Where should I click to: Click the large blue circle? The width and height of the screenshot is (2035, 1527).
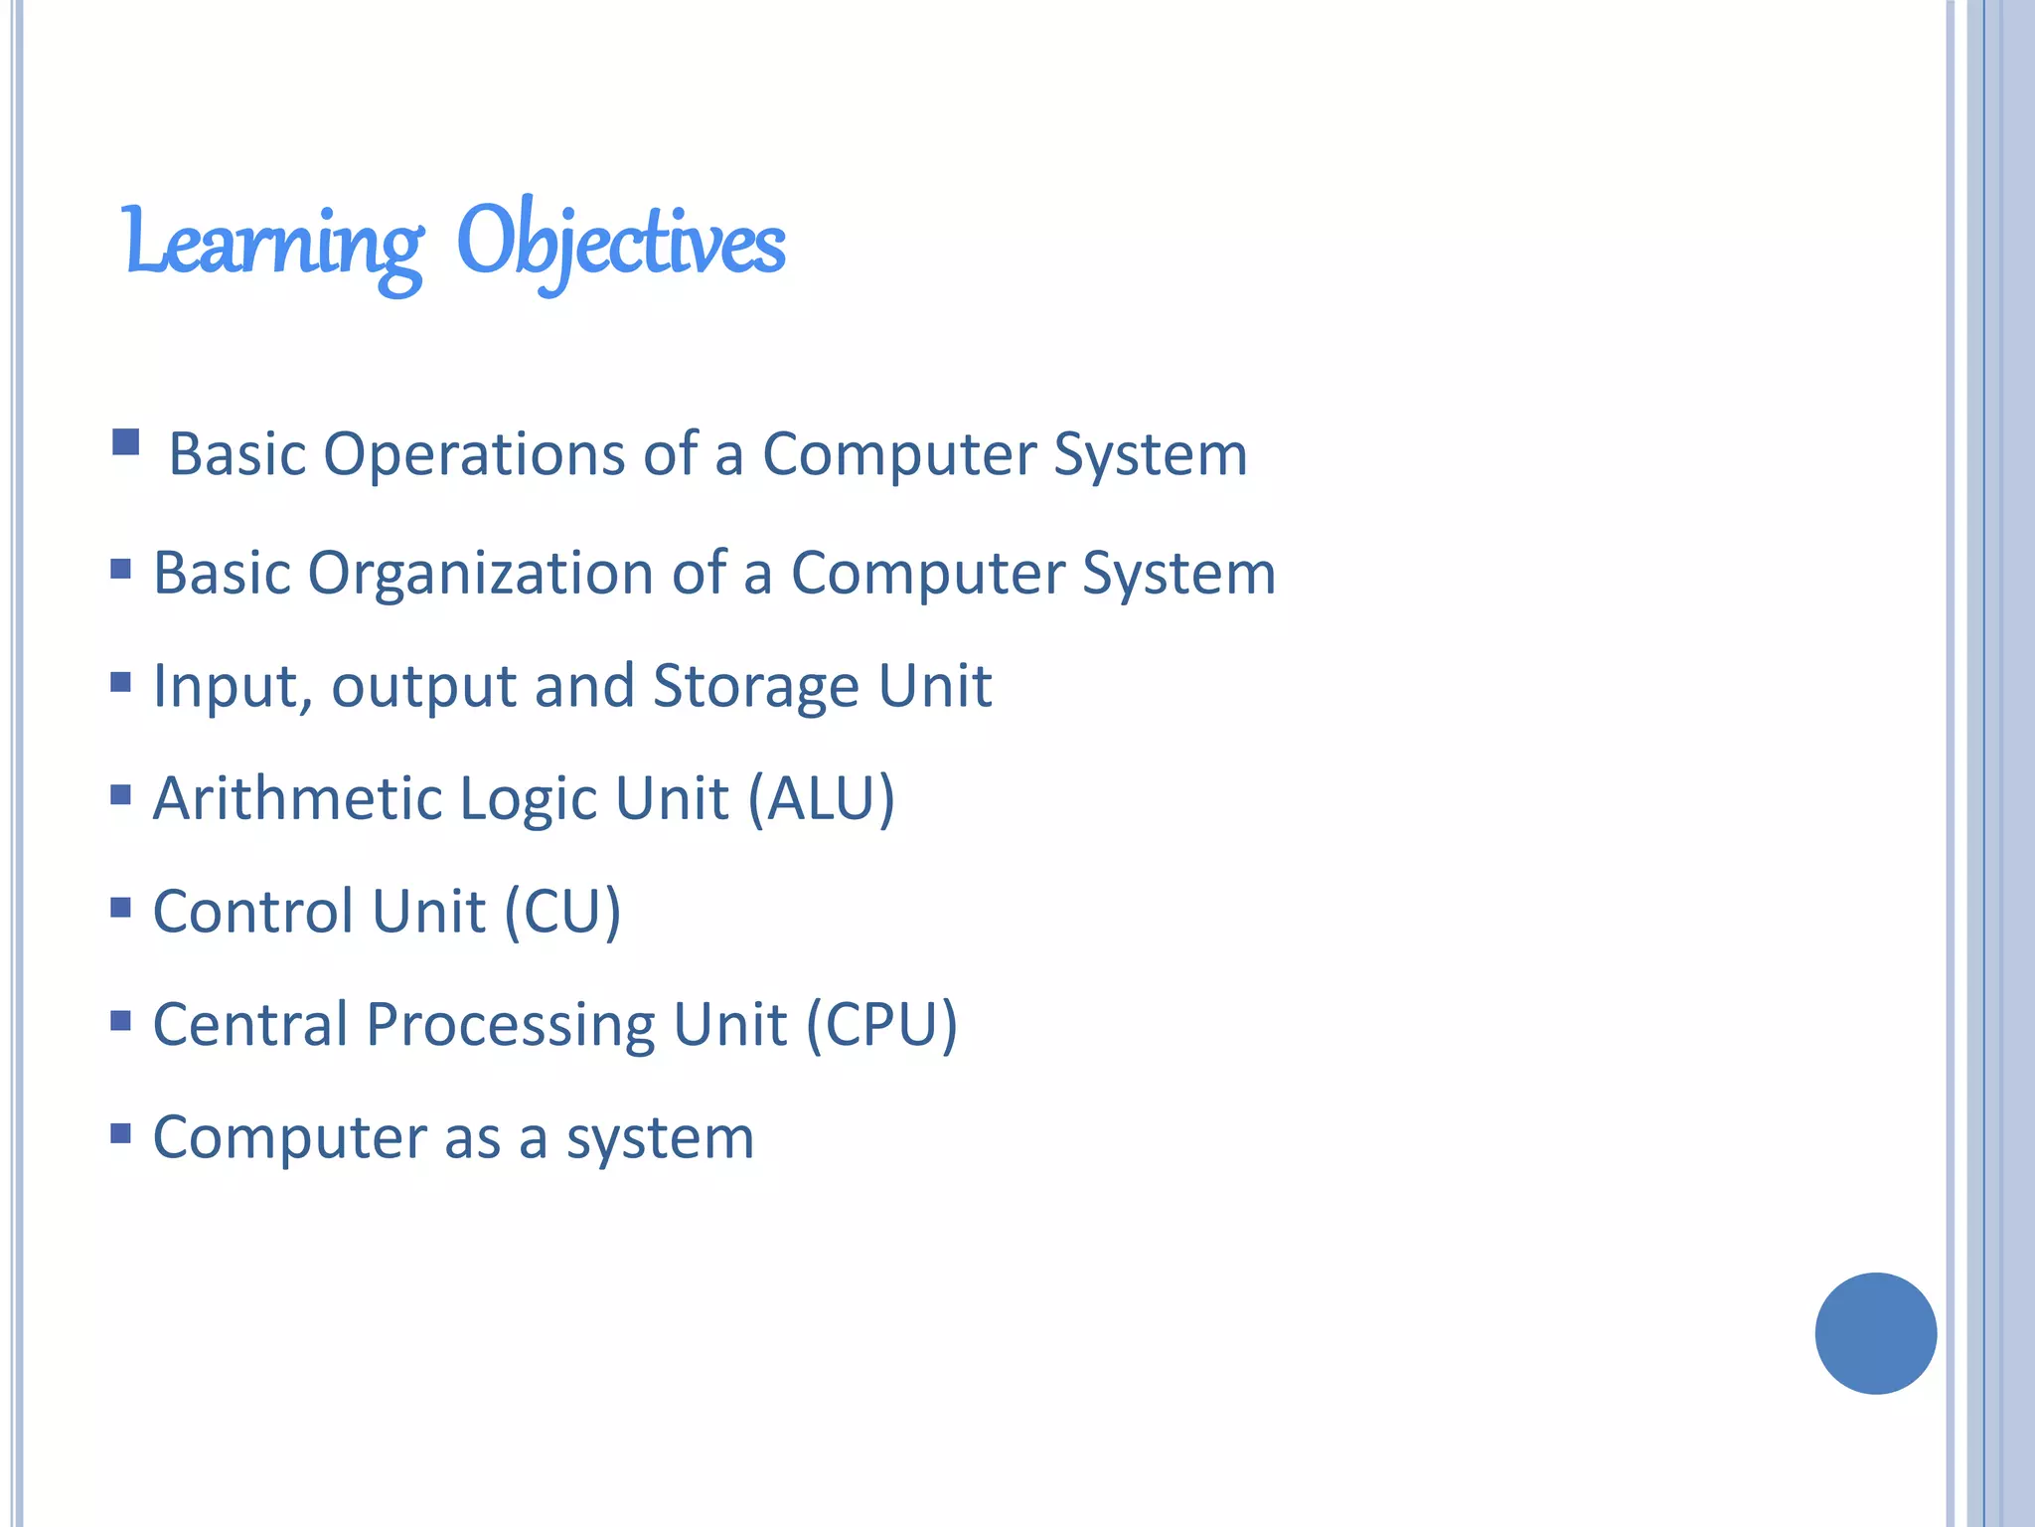pyautogui.click(x=1875, y=1333)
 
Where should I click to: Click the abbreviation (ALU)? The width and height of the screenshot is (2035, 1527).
pyautogui.click(x=821, y=798)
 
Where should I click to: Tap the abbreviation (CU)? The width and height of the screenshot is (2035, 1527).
pyautogui.click(x=562, y=912)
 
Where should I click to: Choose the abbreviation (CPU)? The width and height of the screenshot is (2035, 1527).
pyautogui.click(x=881, y=1024)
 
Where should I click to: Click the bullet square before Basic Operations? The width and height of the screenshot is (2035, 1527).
pyautogui.click(x=126, y=442)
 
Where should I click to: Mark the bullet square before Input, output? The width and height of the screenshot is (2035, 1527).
pyautogui.click(x=121, y=682)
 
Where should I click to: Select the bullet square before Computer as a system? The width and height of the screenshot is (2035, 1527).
pyautogui.click(x=121, y=1133)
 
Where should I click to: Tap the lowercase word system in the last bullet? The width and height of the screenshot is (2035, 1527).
pyautogui.click(x=660, y=1138)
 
